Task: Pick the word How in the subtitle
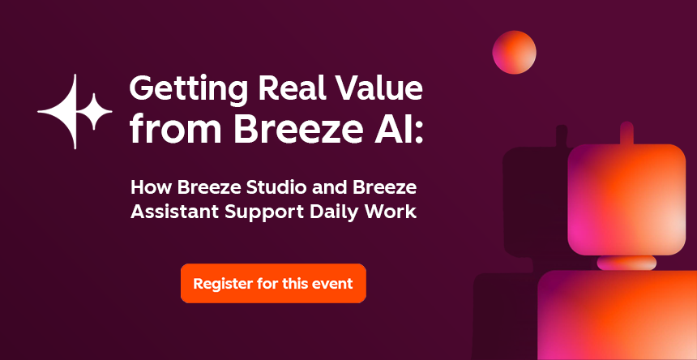[x=148, y=189]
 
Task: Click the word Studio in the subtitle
[x=274, y=189]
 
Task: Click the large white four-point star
[x=65, y=111]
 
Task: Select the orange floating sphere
[x=514, y=52]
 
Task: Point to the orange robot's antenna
[x=626, y=133]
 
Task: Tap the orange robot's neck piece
[x=626, y=263]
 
